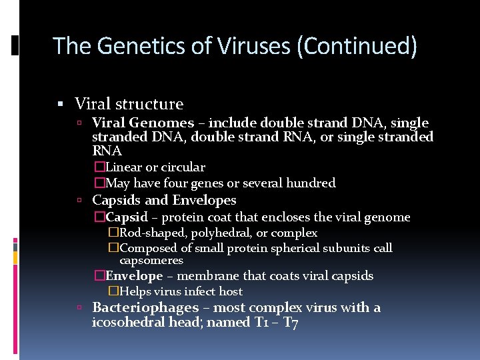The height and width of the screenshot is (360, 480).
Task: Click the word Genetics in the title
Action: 131,47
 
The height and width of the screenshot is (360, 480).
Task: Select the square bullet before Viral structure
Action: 61,104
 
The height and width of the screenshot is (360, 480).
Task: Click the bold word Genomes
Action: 161,123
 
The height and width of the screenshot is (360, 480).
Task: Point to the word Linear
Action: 123,167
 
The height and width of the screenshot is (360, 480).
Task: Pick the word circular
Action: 183,167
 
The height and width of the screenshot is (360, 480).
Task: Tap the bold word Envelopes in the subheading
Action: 205,200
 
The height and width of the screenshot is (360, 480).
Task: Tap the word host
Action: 231,291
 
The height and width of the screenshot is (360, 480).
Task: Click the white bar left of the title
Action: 15,46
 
